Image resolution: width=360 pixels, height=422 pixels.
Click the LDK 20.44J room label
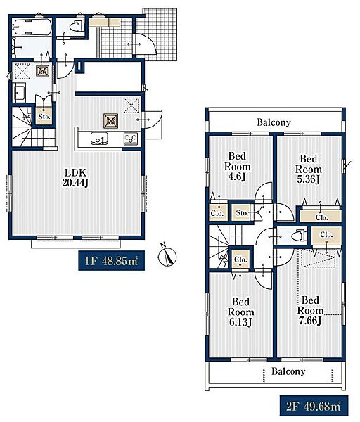tap(75, 178)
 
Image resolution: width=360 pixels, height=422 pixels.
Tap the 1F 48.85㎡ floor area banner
tap(111, 260)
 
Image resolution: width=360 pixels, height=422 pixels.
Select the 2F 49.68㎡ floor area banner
tap(314, 406)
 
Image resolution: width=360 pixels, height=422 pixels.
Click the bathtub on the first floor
tap(33, 27)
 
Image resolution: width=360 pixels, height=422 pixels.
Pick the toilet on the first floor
tap(77, 27)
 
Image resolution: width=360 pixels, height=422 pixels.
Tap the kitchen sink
tap(99, 139)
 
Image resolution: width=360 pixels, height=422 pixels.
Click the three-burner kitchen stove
tap(131, 139)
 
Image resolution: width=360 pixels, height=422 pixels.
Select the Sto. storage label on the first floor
tap(44, 117)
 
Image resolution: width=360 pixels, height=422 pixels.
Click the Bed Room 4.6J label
tap(237, 166)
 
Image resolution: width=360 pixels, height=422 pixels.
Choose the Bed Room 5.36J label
tap(309, 169)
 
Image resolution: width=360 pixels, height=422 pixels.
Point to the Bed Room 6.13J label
tap(240, 312)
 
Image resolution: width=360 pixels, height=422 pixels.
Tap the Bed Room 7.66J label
tap(310, 310)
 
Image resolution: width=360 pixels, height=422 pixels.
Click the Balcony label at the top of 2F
tap(274, 122)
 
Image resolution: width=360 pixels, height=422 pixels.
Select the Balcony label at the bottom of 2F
tap(288, 371)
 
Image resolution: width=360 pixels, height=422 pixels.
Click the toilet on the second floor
tap(300, 235)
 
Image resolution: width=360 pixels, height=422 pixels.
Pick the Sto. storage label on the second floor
tap(242, 213)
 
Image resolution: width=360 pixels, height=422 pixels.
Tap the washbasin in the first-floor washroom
tap(20, 92)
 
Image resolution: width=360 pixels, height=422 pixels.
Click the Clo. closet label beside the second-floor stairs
tap(240, 260)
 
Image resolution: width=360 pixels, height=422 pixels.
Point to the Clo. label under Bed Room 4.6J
tap(217, 213)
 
